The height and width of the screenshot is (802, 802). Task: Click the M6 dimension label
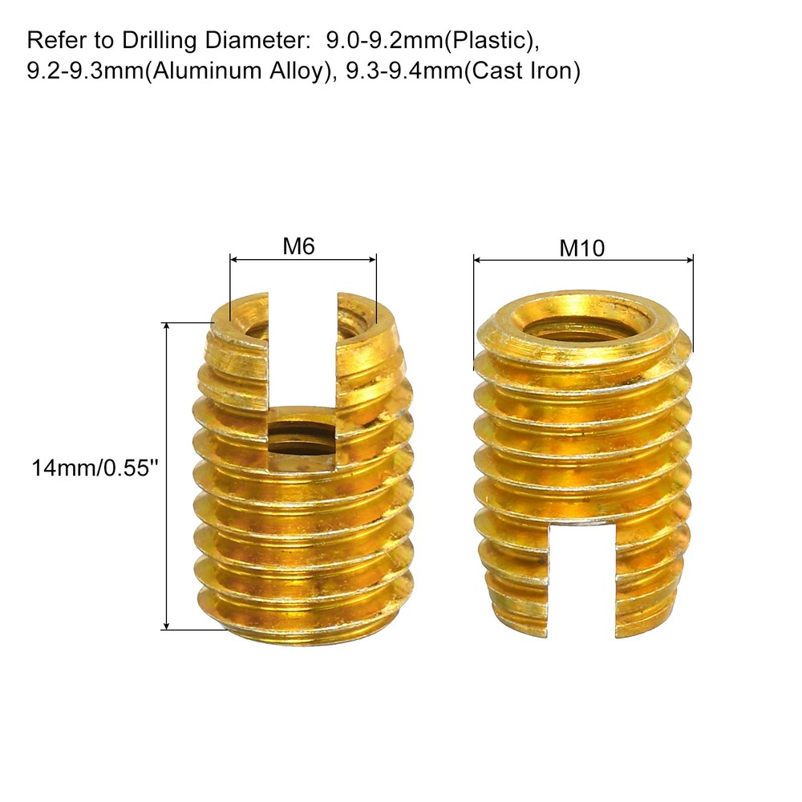(x=298, y=246)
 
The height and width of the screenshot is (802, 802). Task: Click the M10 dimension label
(x=582, y=249)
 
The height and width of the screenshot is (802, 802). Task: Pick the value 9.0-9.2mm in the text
(x=385, y=40)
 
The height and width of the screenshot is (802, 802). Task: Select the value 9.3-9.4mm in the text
(x=404, y=70)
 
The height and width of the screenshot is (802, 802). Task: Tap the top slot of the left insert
(x=302, y=353)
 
